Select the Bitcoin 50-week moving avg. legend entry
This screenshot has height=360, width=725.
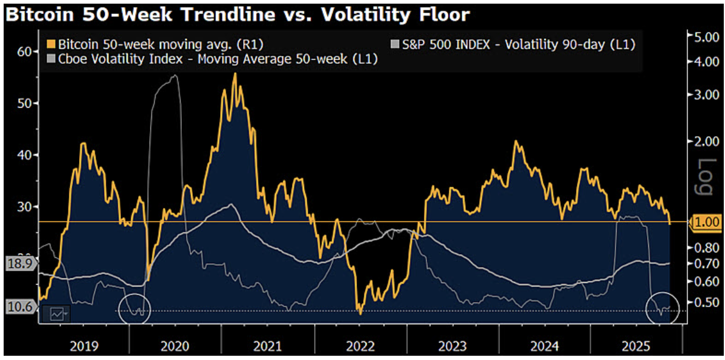[x=155, y=44]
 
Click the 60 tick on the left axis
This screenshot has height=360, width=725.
[x=24, y=51]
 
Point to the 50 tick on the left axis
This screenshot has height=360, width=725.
[x=24, y=103]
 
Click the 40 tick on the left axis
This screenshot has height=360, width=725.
[x=24, y=155]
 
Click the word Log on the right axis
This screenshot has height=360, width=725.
[x=706, y=176]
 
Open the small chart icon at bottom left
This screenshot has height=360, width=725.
[x=57, y=314]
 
